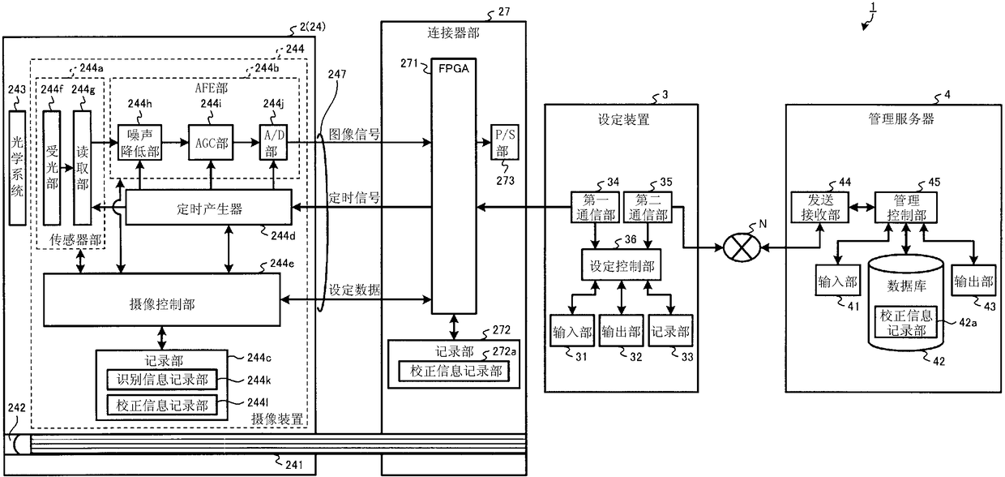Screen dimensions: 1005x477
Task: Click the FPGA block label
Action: click(x=454, y=69)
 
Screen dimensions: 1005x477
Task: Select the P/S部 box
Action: click(x=505, y=142)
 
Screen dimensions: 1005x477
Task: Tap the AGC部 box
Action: click(x=211, y=143)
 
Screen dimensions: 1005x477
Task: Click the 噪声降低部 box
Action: click(x=139, y=143)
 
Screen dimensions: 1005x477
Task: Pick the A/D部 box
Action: click(x=274, y=143)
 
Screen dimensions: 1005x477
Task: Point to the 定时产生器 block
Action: click(x=208, y=208)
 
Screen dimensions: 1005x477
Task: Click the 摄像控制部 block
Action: click(x=161, y=299)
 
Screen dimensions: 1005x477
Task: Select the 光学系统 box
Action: click(x=17, y=168)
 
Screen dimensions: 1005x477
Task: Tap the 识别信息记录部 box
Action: click(x=161, y=380)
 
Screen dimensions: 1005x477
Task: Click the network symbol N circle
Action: click(x=742, y=247)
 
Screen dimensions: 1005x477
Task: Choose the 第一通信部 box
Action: click(x=595, y=207)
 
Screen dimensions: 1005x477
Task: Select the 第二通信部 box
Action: click(x=648, y=207)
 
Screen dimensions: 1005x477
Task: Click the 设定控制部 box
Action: click(x=622, y=265)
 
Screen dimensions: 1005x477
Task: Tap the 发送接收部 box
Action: click(x=819, y=207)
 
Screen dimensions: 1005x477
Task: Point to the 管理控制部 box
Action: click(x=906, y=207)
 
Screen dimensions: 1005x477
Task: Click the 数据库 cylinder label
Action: click(x=906, y=286)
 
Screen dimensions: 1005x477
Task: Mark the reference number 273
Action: click(x=505, y=181)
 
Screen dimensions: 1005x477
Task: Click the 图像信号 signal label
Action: click(x=354, y=134)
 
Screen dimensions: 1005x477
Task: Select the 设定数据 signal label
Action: click(x=354, y=290)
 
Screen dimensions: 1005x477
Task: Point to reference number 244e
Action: click(x=282, y=263)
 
